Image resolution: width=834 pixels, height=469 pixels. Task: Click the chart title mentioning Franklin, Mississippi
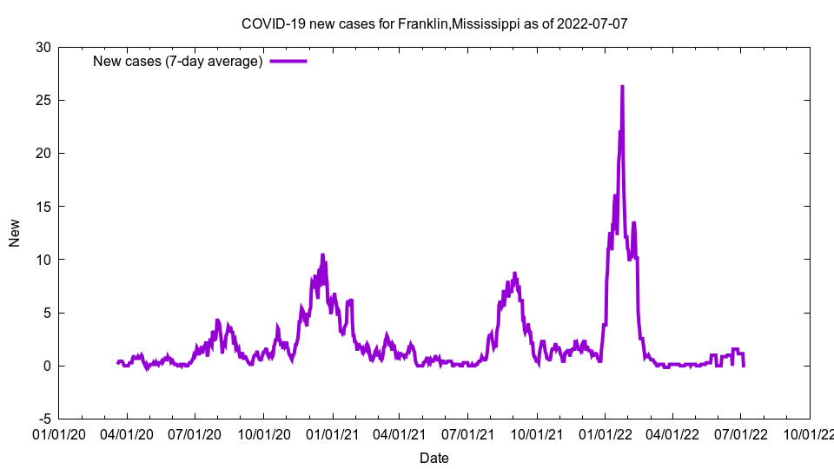434,23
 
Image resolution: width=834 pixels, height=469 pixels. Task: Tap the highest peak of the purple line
622,87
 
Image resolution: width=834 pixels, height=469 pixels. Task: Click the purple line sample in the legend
288,61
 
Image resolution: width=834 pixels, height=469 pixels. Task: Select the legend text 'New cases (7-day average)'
178,61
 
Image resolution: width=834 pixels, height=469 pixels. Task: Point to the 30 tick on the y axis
43,47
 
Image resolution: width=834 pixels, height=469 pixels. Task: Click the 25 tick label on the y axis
43,100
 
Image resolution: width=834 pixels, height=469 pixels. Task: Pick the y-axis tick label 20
43,153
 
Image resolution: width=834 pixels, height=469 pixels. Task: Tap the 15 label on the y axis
43,207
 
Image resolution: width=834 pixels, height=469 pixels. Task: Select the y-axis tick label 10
43,260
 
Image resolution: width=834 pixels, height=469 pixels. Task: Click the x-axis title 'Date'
434,458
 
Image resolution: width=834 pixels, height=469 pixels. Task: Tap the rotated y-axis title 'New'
15,233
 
